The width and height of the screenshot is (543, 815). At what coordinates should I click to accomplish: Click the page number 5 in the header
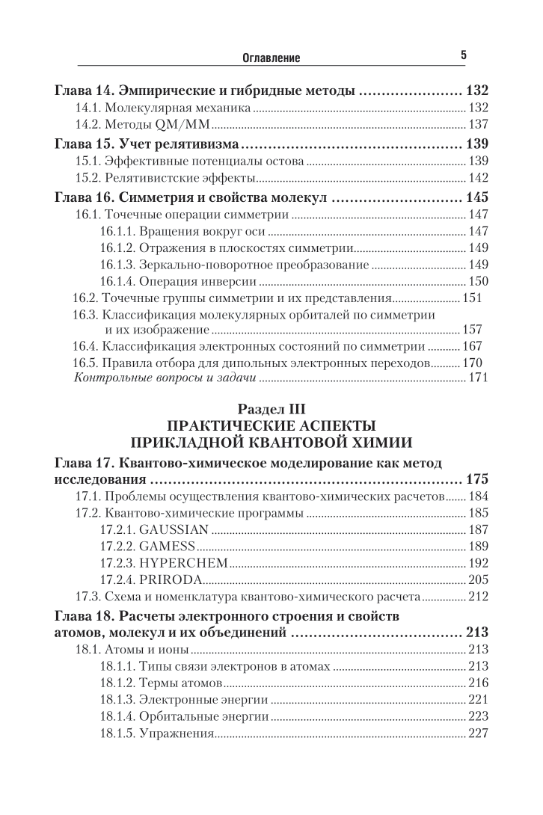[x=464, y=55]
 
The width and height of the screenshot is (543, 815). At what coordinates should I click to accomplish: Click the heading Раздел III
[x=271, y=408]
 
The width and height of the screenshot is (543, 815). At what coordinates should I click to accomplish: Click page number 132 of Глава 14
[x=476, y=91]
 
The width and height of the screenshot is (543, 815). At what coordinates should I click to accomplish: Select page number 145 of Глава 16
[x=476, y=198]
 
